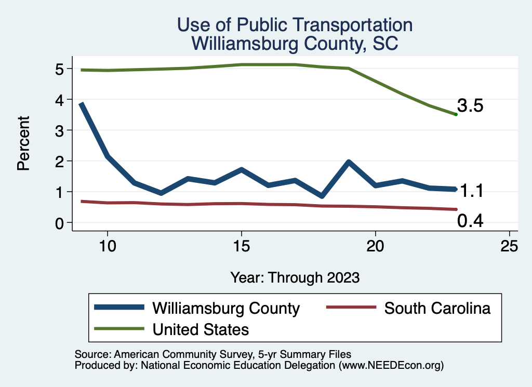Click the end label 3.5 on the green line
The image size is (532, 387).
click(x=470, y=106)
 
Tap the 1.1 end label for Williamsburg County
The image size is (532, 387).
click(x=470, y=191)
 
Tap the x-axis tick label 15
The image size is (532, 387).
click(x=241, y=246)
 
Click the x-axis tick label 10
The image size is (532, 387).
click(x=107, y=246)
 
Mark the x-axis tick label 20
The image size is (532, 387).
click(x=375, y=246)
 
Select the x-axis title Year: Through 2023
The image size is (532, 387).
click(x=295, y=277)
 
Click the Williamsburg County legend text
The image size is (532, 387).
click(x=226, y=308)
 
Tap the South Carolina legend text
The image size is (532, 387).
click(x=437, y=308)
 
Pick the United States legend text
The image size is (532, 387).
click(x=201, y=329)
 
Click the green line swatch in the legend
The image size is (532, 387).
click(x=118, y=329)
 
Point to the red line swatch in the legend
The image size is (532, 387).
click(x=350, y=308)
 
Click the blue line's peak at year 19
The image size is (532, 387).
click(x=349, y=163)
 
